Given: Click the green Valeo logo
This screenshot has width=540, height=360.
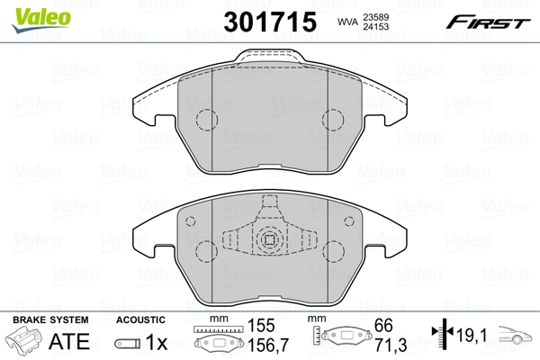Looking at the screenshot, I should [28, 13].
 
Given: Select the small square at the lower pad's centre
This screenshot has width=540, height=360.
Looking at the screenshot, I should [267, 240].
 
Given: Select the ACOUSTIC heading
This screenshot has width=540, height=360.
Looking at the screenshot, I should [140, 319].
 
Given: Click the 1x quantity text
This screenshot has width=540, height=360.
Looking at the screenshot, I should [157, 342].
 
